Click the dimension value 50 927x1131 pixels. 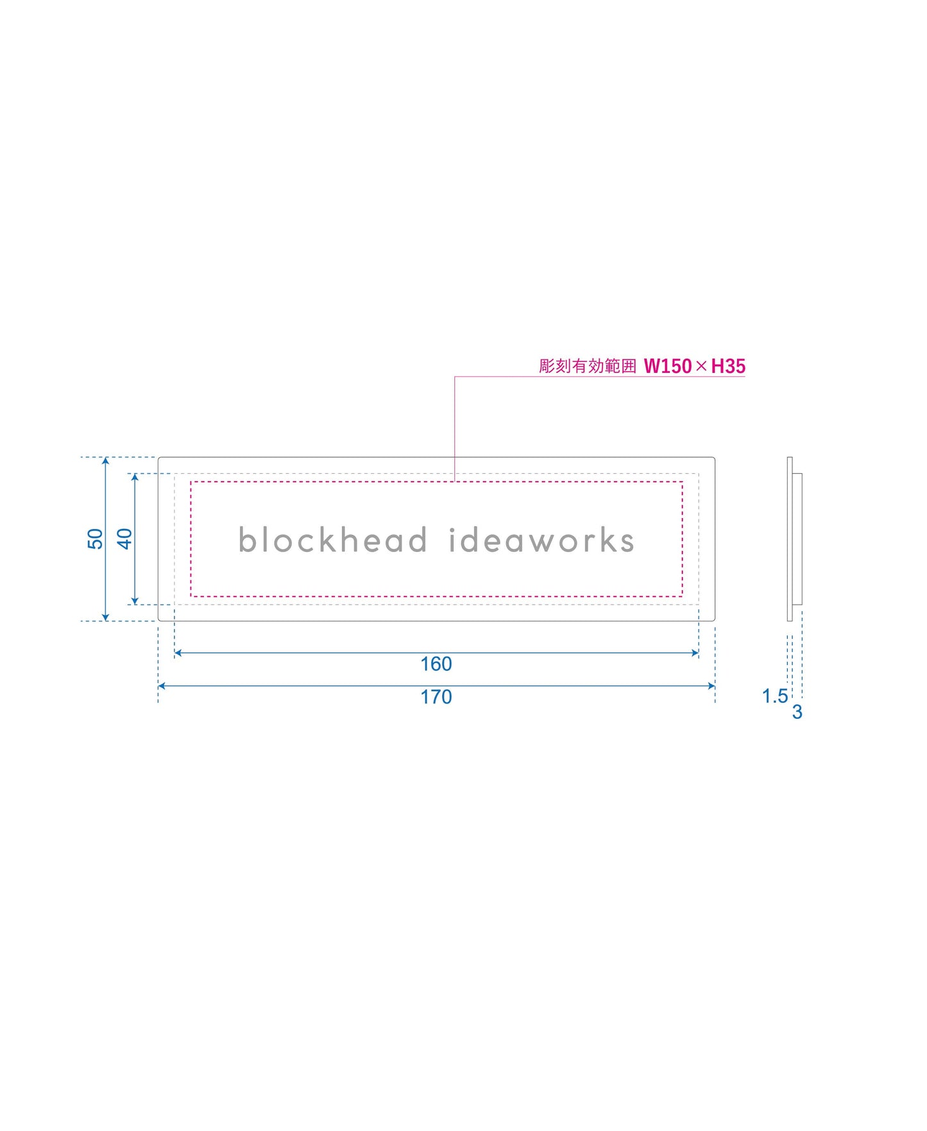[95, 539]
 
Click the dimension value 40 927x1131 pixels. [124, 539]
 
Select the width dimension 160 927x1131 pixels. [436, 664]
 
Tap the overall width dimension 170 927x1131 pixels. [436, 696]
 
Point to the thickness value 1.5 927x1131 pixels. [774, 696]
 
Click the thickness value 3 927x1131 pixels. [797, 712]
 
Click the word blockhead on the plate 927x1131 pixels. [332, 540]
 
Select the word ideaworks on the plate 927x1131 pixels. [541, 540]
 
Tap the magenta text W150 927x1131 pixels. [667, 366]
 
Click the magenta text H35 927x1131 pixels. [728, 366]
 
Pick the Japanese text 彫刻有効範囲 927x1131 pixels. [587, 366]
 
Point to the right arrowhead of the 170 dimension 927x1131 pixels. [711, 686]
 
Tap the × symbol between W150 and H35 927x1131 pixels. [701, 366]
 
